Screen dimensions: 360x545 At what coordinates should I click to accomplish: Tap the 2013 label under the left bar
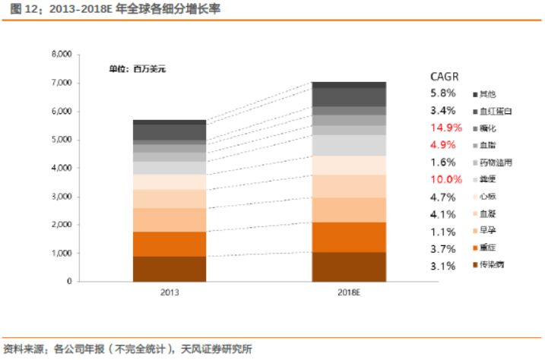pos(170,292)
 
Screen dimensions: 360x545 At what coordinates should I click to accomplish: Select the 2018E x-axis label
pos(349,292)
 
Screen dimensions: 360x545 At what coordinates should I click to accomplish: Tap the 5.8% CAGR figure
pos(443,93)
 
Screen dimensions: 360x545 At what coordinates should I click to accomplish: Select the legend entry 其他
pos(487,93)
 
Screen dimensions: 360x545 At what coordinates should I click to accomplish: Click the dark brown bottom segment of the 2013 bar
pos(170,269)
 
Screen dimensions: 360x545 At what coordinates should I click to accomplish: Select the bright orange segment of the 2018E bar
pos(349,236)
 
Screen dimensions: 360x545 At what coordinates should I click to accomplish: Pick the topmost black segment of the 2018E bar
pos(349,84)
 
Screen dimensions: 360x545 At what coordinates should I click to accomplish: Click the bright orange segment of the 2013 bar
pos(170,244)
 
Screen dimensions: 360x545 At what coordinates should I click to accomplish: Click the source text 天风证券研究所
pos(217,349)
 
